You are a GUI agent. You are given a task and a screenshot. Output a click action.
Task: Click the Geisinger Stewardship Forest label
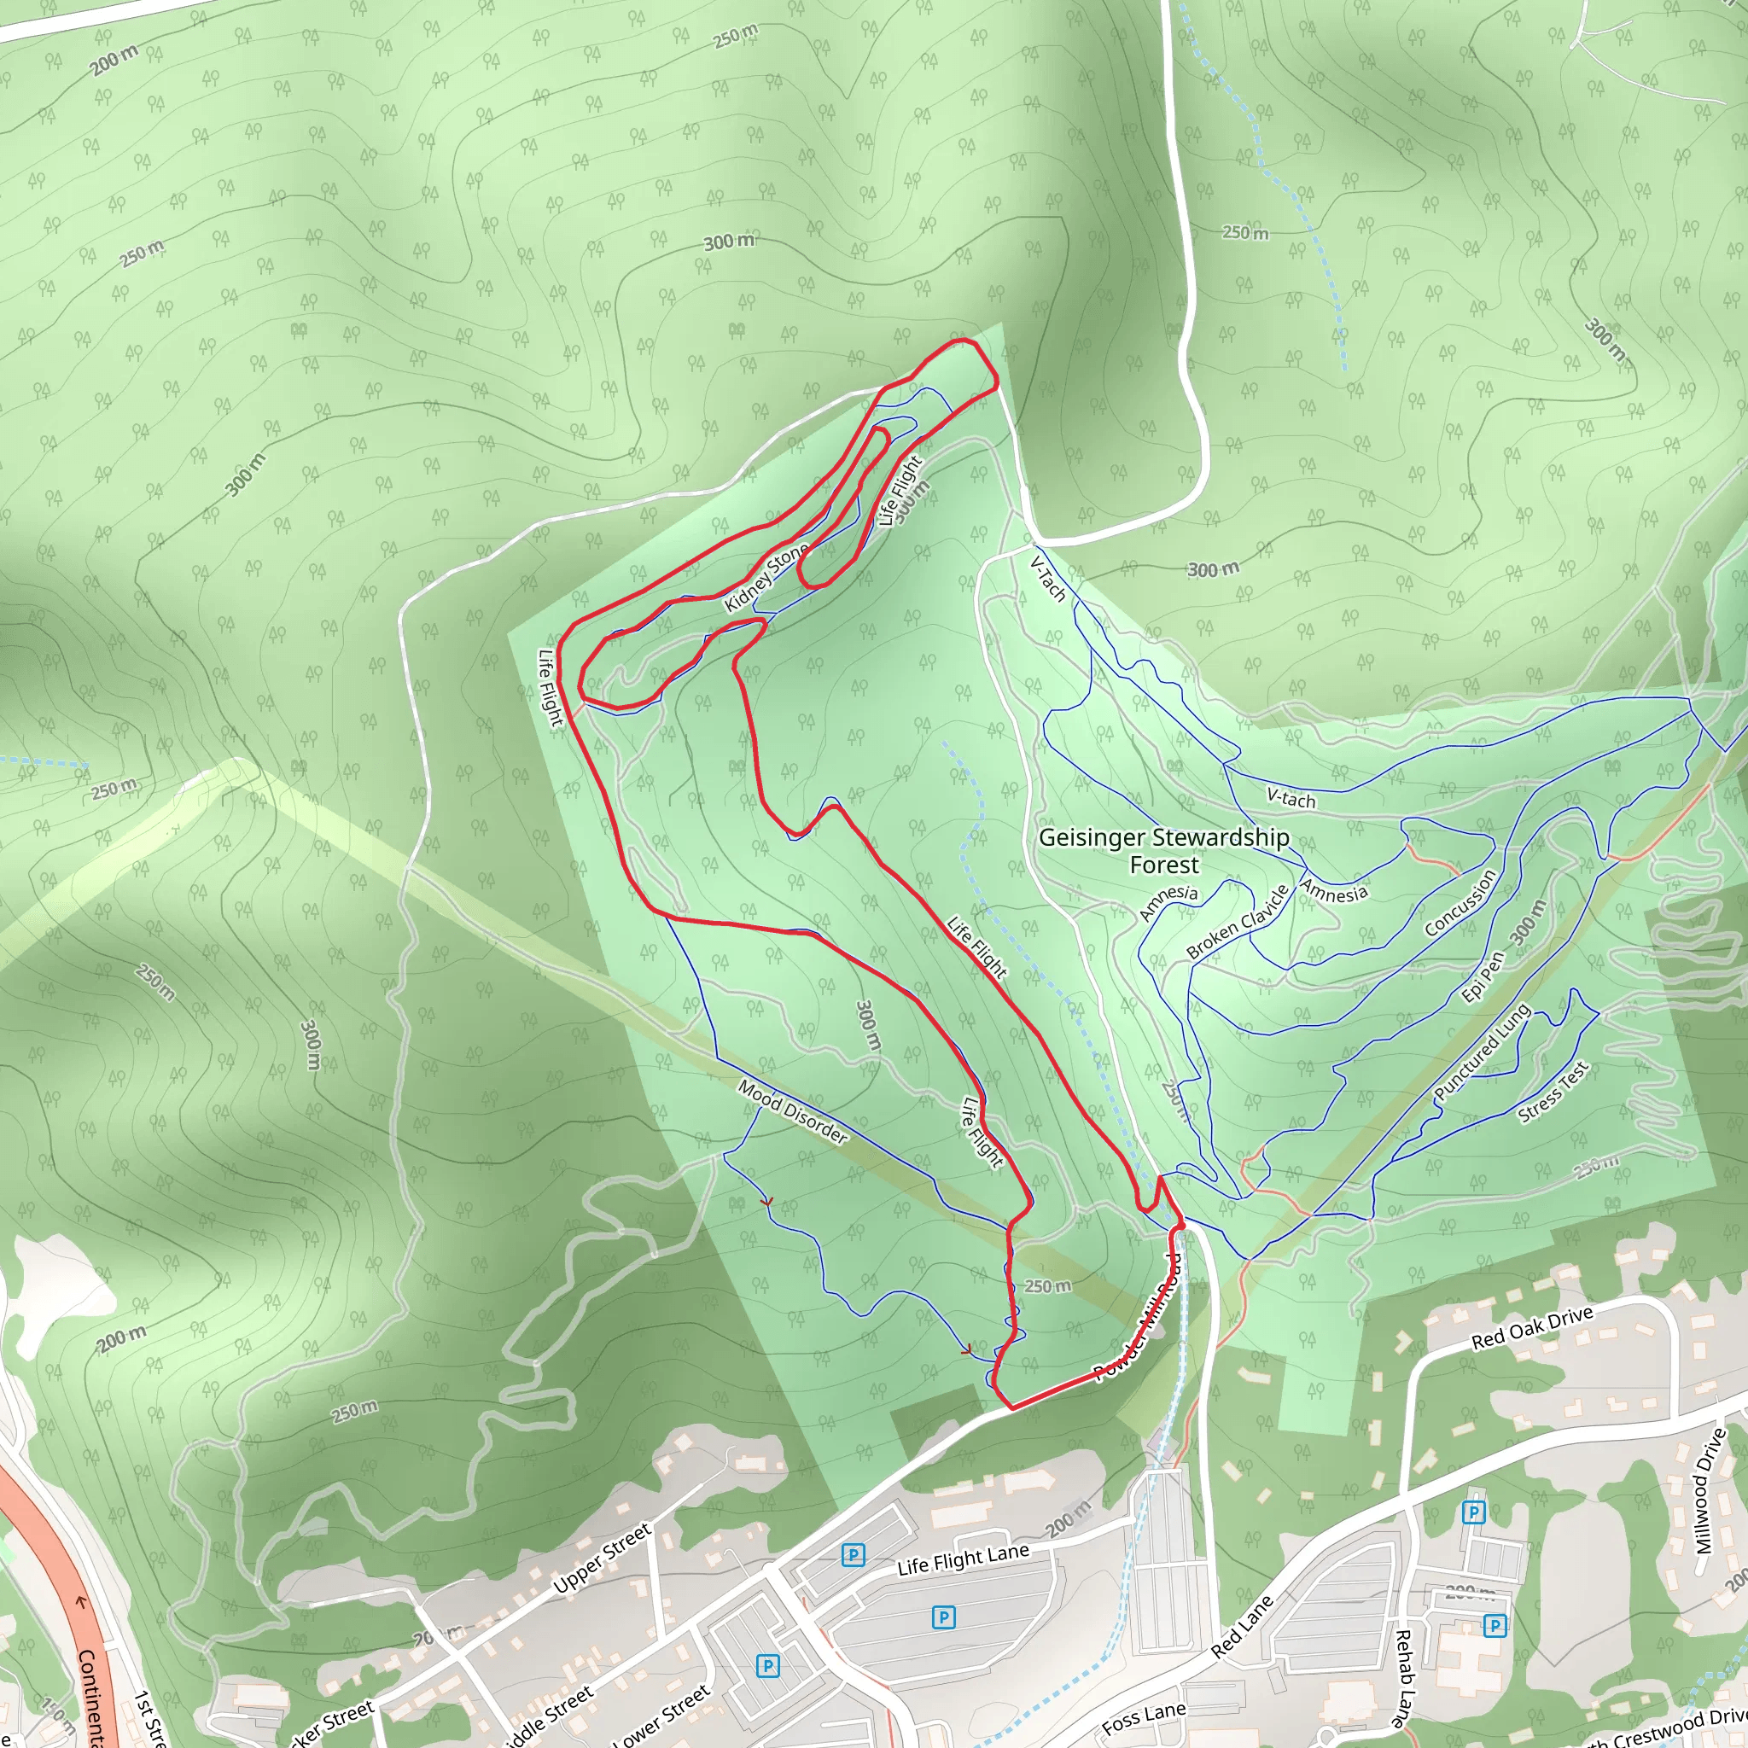click(1163, 850)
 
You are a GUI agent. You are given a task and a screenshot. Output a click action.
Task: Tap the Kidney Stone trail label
click(766, 577)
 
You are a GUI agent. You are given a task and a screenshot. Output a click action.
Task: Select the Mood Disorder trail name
click(793, 1112)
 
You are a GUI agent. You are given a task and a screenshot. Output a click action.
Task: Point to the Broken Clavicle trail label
click(1237, 922)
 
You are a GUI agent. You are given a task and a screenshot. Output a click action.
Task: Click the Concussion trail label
click(1460, 902)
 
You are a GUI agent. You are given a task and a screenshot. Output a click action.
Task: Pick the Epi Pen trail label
click(1483, 977)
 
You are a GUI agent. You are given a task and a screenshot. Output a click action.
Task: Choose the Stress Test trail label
click(1553, 1092)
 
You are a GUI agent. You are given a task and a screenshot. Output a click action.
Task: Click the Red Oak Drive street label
click(1532, 1328)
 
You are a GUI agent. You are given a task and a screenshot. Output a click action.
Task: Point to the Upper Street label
click(602, 1557)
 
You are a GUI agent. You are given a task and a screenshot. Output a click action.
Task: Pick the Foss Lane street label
click(1144, 1718)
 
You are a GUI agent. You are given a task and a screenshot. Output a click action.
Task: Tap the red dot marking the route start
click(1180, 1225)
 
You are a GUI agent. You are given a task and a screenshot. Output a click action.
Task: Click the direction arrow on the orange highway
click(80, 1601)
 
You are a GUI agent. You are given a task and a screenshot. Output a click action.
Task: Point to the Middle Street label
click(546, 1717)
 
